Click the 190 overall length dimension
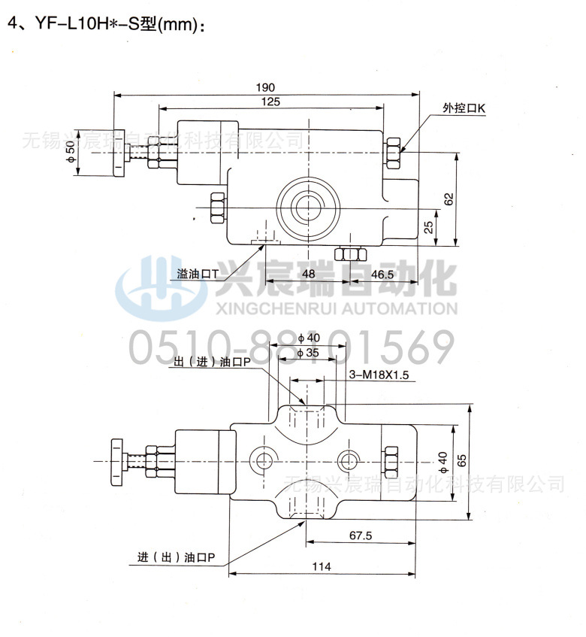click(264, 86)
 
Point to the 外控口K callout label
click(464, 109)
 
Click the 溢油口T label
click(197, 275)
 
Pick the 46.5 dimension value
click(382, 275)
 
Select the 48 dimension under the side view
click(308, 275)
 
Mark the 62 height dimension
click(449, 199)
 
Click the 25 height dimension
click(427, 227)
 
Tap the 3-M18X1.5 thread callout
click(379, 375)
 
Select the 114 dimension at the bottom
click(321, 567)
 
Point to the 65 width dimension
click(461, 461)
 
